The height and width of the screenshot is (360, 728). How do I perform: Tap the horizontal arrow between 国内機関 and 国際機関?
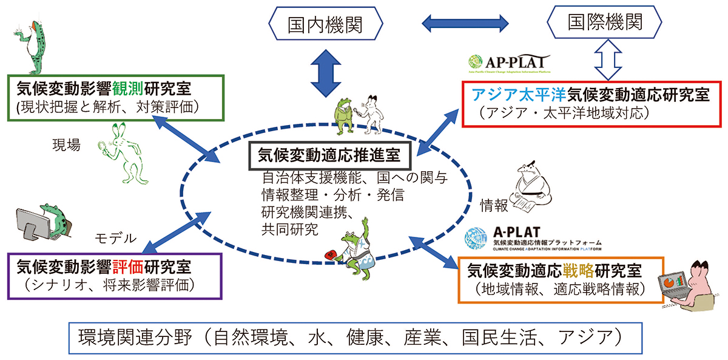466,24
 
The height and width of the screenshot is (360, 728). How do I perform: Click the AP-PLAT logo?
509,63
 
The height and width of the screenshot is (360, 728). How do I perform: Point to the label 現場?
66,146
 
